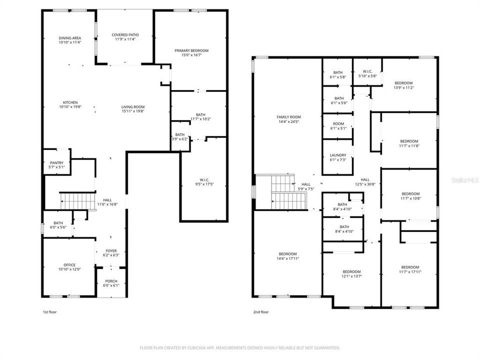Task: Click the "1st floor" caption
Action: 49,312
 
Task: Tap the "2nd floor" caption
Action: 260,312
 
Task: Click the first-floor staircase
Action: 77,201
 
